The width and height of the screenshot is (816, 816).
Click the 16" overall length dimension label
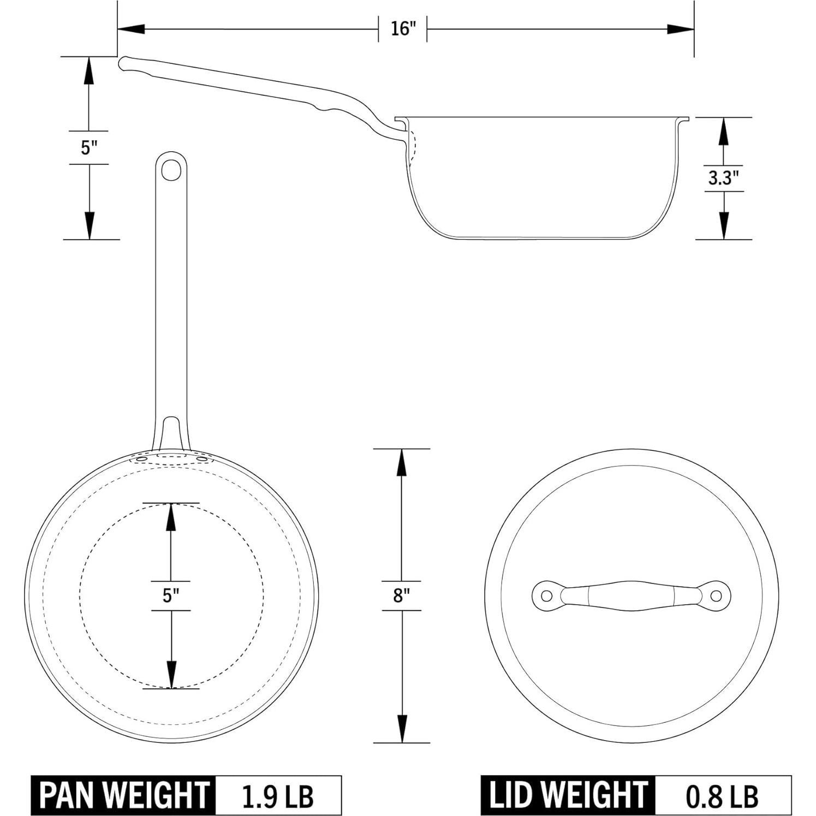403,28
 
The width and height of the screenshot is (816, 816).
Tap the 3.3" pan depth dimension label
723,178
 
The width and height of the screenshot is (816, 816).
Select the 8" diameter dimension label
401,595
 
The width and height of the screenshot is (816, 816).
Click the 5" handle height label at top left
88,147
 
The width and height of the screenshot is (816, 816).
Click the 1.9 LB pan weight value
278,796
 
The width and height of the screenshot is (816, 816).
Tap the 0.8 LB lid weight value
722,796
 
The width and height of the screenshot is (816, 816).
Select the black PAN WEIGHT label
124,795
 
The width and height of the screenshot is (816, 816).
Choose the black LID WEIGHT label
568,795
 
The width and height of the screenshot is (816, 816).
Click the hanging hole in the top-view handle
171,169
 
